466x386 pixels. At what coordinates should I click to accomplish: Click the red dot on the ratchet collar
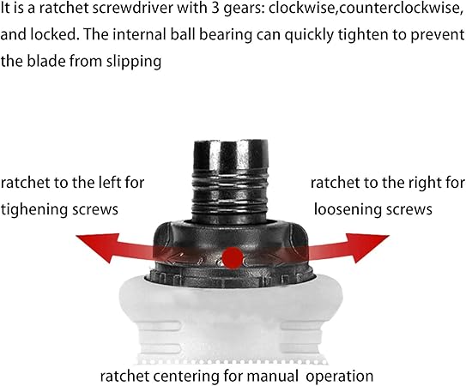pos(233,258)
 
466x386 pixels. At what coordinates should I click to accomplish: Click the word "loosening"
pos(347,210)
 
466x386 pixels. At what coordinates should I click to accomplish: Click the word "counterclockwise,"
pos(401,9)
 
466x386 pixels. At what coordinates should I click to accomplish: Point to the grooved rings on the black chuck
pos(230,190)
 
